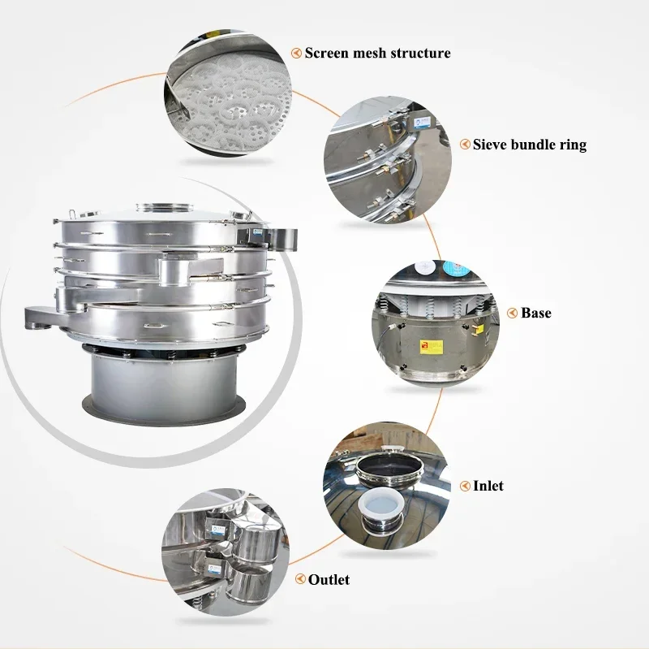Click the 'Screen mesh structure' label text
[x=377, y=53]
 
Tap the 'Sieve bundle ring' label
[x=530, y=145]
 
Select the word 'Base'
[x=536, y=313]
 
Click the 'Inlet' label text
[x=488, y=486]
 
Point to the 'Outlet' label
[x=329, y=579]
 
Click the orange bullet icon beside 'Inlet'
[x=465, y=486]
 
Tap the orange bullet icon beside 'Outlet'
[x=300, y=579]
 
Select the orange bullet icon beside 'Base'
[x=513, y=313]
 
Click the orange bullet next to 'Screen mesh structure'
[x=296, y=53]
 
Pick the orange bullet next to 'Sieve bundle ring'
[x=465, y=145]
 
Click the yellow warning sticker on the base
[x=432, y=347]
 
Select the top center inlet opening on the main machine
[x=165, y=207]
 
